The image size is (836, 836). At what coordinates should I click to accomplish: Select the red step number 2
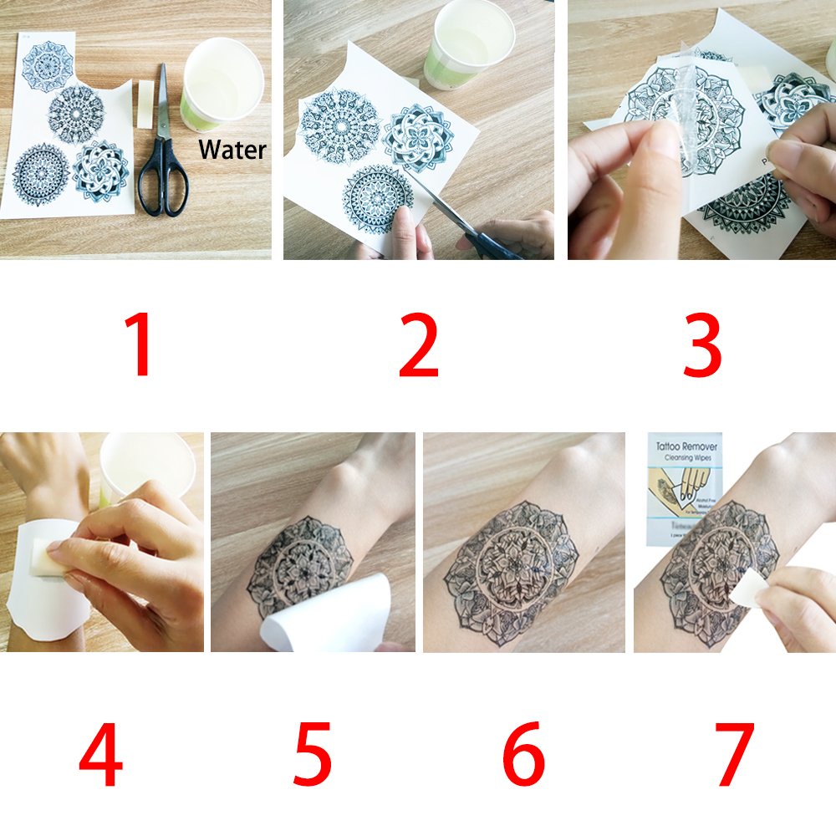pyautogui.click(x=418, y=344)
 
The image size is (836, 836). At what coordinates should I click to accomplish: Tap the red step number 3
pyautogui.click(x=701, y=344)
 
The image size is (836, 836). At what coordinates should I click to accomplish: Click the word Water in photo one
pyautogui.click(x=232, y=150)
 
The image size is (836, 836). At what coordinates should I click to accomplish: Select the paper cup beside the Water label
pyautogui.click(x=222, y=84)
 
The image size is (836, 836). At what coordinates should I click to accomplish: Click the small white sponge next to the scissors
pyautogui.click(x=145, y=104)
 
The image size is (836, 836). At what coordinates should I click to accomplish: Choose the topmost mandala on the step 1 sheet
pyautogui.click(x=48, y=63)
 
